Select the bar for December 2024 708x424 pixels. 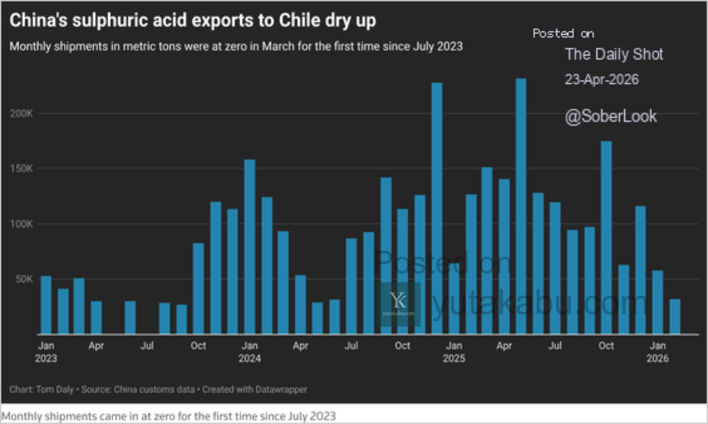[437, 208]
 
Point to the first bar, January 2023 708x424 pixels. [46, 305]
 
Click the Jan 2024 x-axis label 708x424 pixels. [250, 352]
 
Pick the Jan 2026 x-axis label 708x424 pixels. [658, 352]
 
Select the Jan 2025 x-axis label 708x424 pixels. [454, 352]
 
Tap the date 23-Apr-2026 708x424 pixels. [602, 80]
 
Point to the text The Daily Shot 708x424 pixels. [614, 55]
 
